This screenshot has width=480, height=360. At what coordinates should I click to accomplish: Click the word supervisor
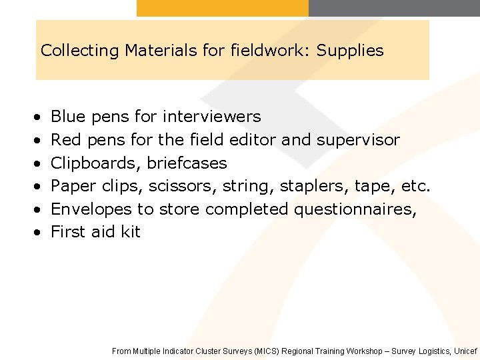[x=358, y=140]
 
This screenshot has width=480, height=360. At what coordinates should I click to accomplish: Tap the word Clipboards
[x=96, y=163]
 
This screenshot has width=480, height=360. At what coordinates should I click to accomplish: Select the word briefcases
[x=187, y=163]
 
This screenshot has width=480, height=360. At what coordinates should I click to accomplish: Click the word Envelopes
[x=91, y=209]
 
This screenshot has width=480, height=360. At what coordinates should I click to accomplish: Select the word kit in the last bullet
[x=131, y=232]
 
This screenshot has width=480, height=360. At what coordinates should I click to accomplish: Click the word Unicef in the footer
[x=465, y=351]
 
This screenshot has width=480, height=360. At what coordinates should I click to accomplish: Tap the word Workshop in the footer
[x=367, y=351]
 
